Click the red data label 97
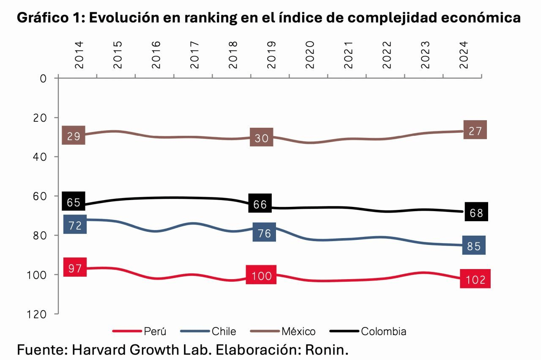(x=75, y=268)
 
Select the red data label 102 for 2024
(x=475, y=279)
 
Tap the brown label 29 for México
(x=74, y=136)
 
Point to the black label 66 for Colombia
(x=260, y=204)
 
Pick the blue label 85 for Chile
(x=474, y=245)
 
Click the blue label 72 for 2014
(x=75, y=225)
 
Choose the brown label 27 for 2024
(x=475, y=131)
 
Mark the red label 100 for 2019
(x=261, y=275)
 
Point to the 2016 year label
(x=156, y=55)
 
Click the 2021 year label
(x=348, y=55)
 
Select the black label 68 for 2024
(x=476, y=212)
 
